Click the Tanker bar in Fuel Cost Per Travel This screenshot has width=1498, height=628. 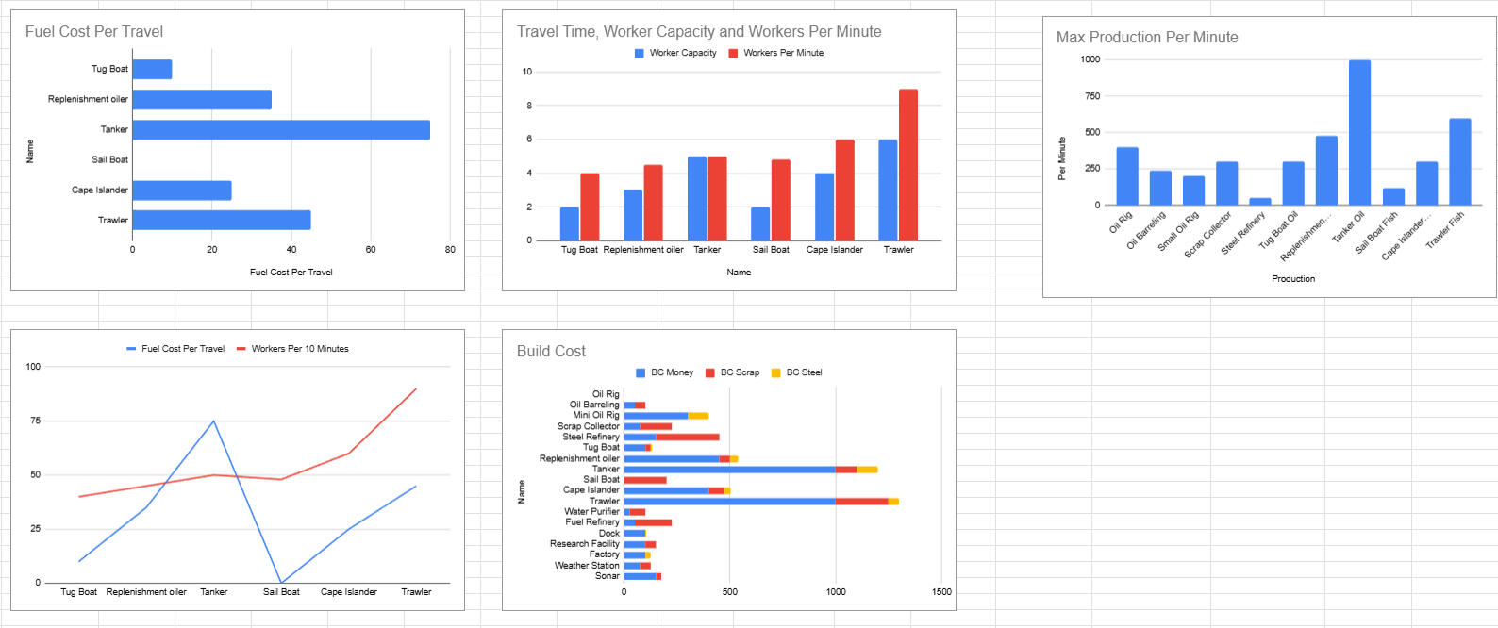point(280,130)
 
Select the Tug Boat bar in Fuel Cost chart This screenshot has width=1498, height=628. point(152,69)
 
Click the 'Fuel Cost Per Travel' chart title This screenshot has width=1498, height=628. point(94,32)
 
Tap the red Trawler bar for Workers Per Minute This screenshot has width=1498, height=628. point(907,164)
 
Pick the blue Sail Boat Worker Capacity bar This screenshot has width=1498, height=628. point(760,223)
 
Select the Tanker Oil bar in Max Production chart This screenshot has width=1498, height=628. point(1359,132)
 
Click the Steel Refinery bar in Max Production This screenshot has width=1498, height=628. point(1259,201)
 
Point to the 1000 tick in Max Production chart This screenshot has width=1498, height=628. point(1090,59)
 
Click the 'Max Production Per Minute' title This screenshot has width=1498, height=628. point(1147,38)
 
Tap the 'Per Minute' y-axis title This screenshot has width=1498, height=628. point(1062,158)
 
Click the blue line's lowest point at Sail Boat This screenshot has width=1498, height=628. point(281,582)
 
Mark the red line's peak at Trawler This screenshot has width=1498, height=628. point(416,388)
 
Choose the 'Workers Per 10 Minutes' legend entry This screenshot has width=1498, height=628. point(299,349)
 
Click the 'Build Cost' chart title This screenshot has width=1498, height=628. point(551,352)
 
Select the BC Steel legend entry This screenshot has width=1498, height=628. point(803,372)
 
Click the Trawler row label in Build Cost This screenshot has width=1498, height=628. point(604,501)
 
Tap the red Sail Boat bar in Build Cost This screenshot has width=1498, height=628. point(645,480)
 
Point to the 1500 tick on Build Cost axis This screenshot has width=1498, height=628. point(941,592)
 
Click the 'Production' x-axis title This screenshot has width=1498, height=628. point(1292,279)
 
